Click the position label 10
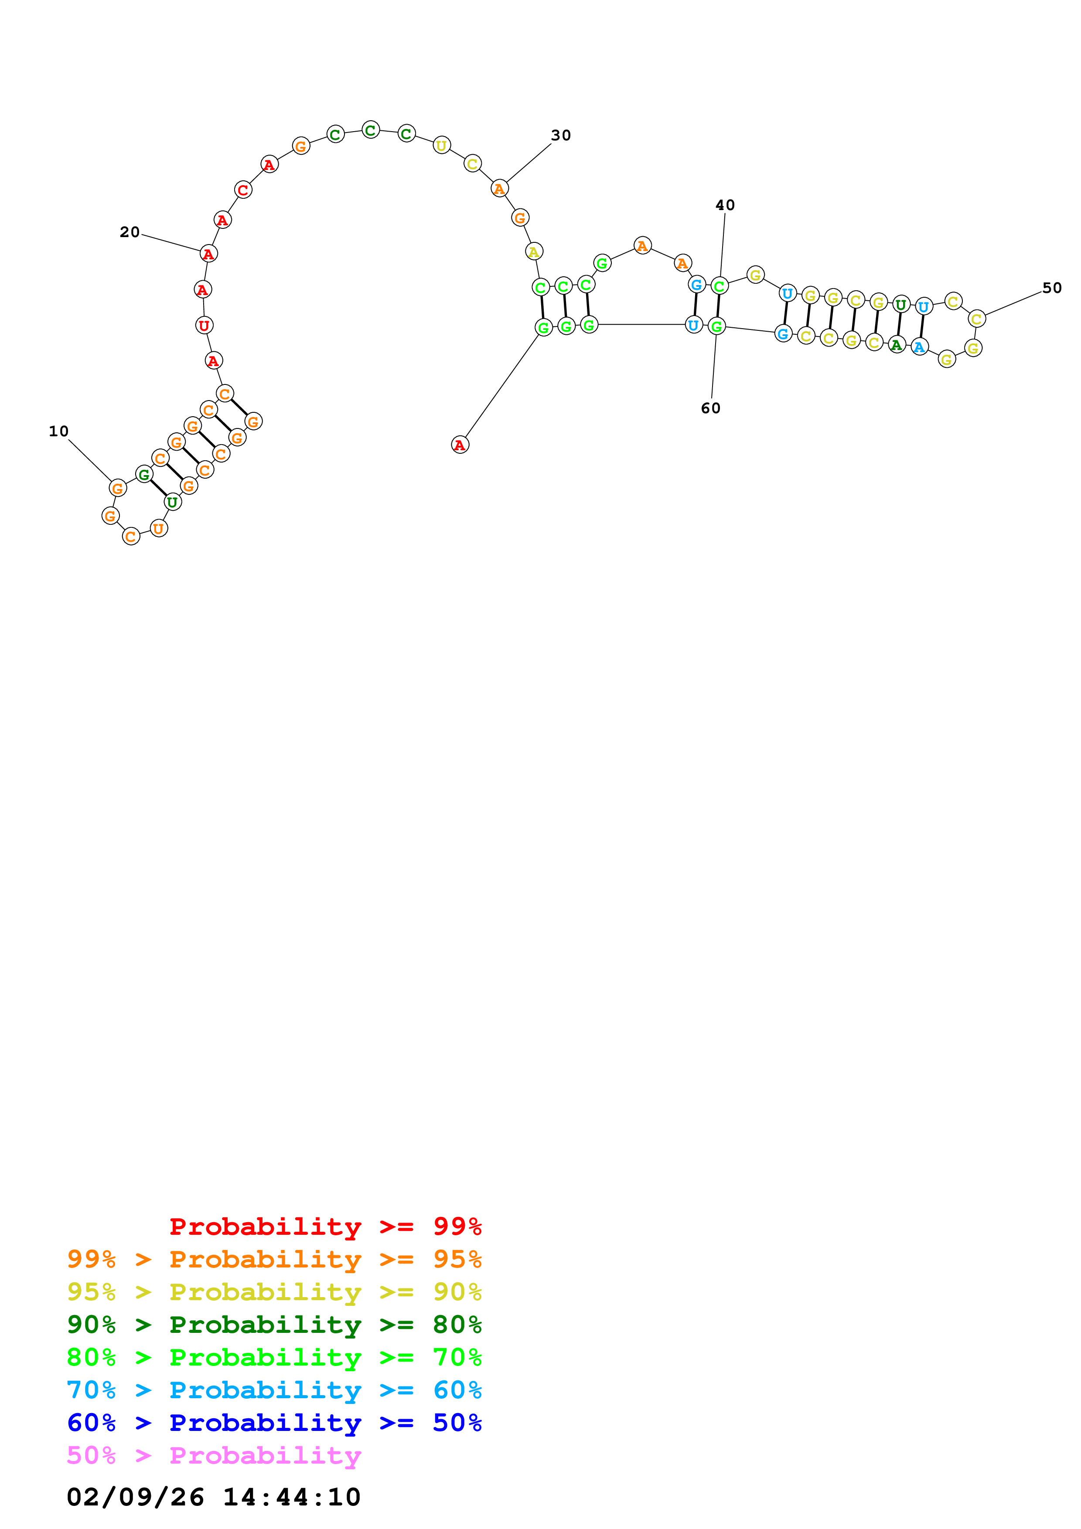pos(58,432)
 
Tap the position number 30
pos(561,136)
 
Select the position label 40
pos(725,206)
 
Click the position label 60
pos(711,409)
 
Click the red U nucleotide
pos(204,326)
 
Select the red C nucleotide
pos(243,190)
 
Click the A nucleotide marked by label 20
pos(208,254)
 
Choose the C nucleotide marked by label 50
pos(976,319)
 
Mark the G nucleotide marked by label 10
pos(117,488)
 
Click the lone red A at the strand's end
pos(460,445)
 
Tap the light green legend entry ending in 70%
pos(274,1357)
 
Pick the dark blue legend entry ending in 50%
pos(274,1423)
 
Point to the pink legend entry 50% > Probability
pos(214,1456)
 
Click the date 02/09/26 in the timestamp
pos(135,1498)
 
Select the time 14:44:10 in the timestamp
pos(291,1498)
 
